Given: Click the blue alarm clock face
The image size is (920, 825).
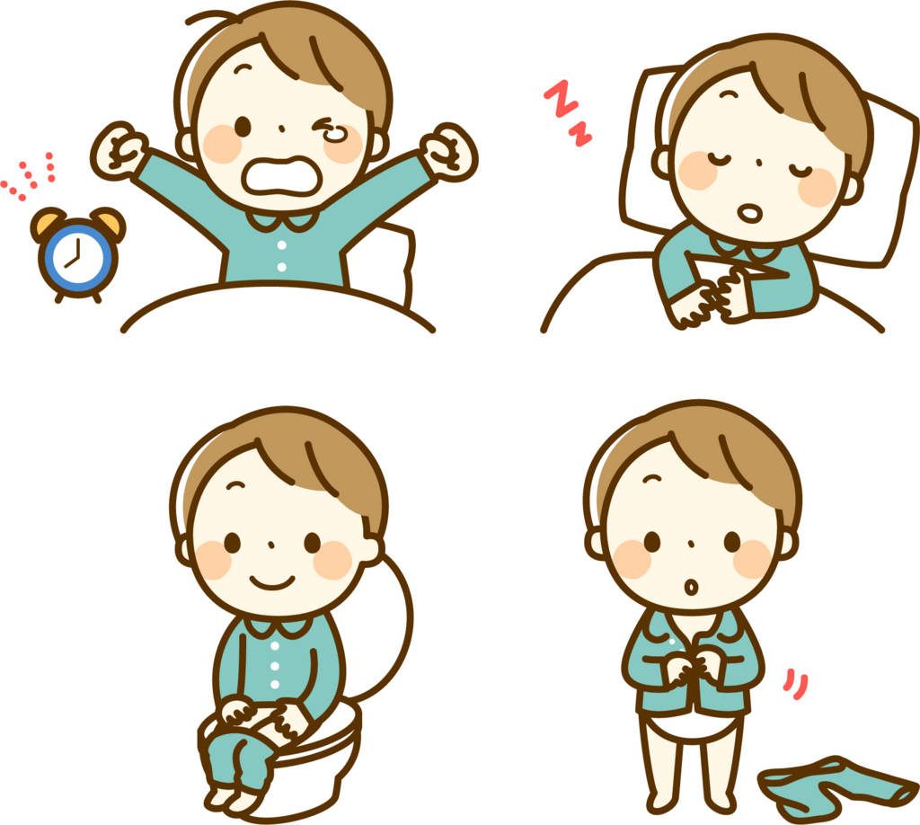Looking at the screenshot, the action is pos(78,258).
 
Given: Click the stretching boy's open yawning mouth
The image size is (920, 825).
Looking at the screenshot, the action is pos(281,175).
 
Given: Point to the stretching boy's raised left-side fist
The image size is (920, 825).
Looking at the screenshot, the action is pos(119,150).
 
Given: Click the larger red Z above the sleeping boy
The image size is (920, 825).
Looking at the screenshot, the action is pos(561,98).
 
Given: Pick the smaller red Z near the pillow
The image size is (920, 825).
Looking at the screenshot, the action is pos(579,135).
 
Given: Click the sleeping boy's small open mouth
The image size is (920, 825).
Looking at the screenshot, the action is pos(750,212).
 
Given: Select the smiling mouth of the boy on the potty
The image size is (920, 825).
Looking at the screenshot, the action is pos(272,582).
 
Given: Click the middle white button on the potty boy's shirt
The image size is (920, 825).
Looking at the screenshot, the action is pos(275,666).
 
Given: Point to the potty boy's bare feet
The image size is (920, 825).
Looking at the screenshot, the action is pos(232,799).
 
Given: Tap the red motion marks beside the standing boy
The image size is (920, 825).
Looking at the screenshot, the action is pos(796,684).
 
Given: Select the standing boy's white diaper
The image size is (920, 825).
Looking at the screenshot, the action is pos(691,728).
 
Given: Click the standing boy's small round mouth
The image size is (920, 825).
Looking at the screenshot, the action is pos(691,587).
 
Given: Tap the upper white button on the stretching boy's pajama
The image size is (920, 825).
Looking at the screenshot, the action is pos(281,245).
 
